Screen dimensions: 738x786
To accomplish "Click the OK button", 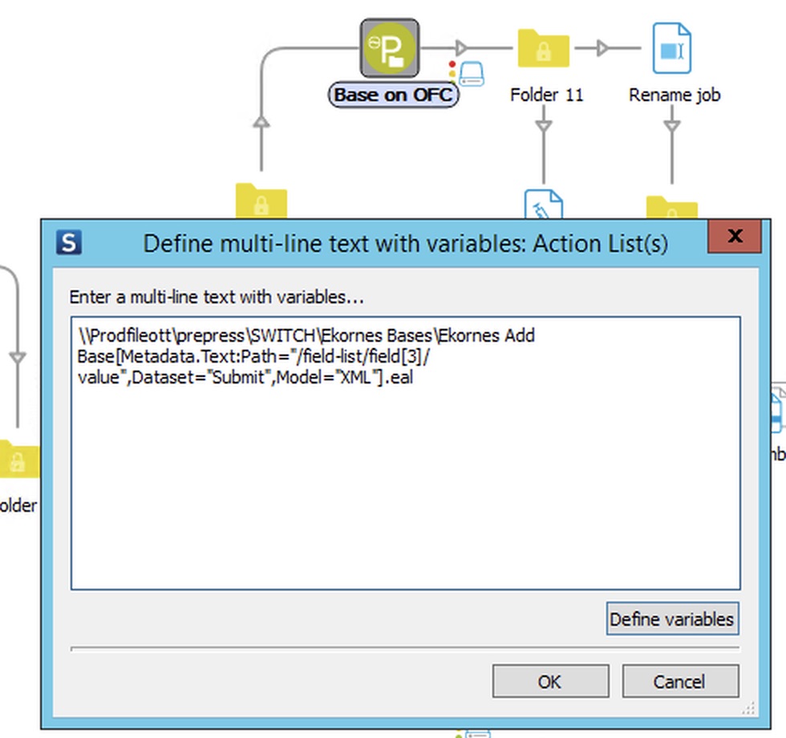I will (550, 682).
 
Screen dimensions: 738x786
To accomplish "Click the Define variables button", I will (671, 619).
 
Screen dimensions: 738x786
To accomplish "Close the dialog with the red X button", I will (734, 237).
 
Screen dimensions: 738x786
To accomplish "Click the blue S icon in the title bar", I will (69, 242).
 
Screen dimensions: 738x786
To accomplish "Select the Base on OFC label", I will (393, 95).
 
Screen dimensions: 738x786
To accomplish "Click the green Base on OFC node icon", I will (389, 48).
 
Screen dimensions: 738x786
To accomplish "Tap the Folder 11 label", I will (546, 95).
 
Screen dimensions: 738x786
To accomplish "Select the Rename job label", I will (675, 95).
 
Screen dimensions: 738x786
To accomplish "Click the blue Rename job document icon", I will (671, 48).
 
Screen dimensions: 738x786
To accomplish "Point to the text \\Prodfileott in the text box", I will (119, 335).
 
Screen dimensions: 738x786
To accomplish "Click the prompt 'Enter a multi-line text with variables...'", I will (217, 297).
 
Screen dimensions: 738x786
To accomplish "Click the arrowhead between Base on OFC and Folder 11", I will (460, 48).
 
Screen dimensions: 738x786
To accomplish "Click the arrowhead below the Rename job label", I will (672, 127).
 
